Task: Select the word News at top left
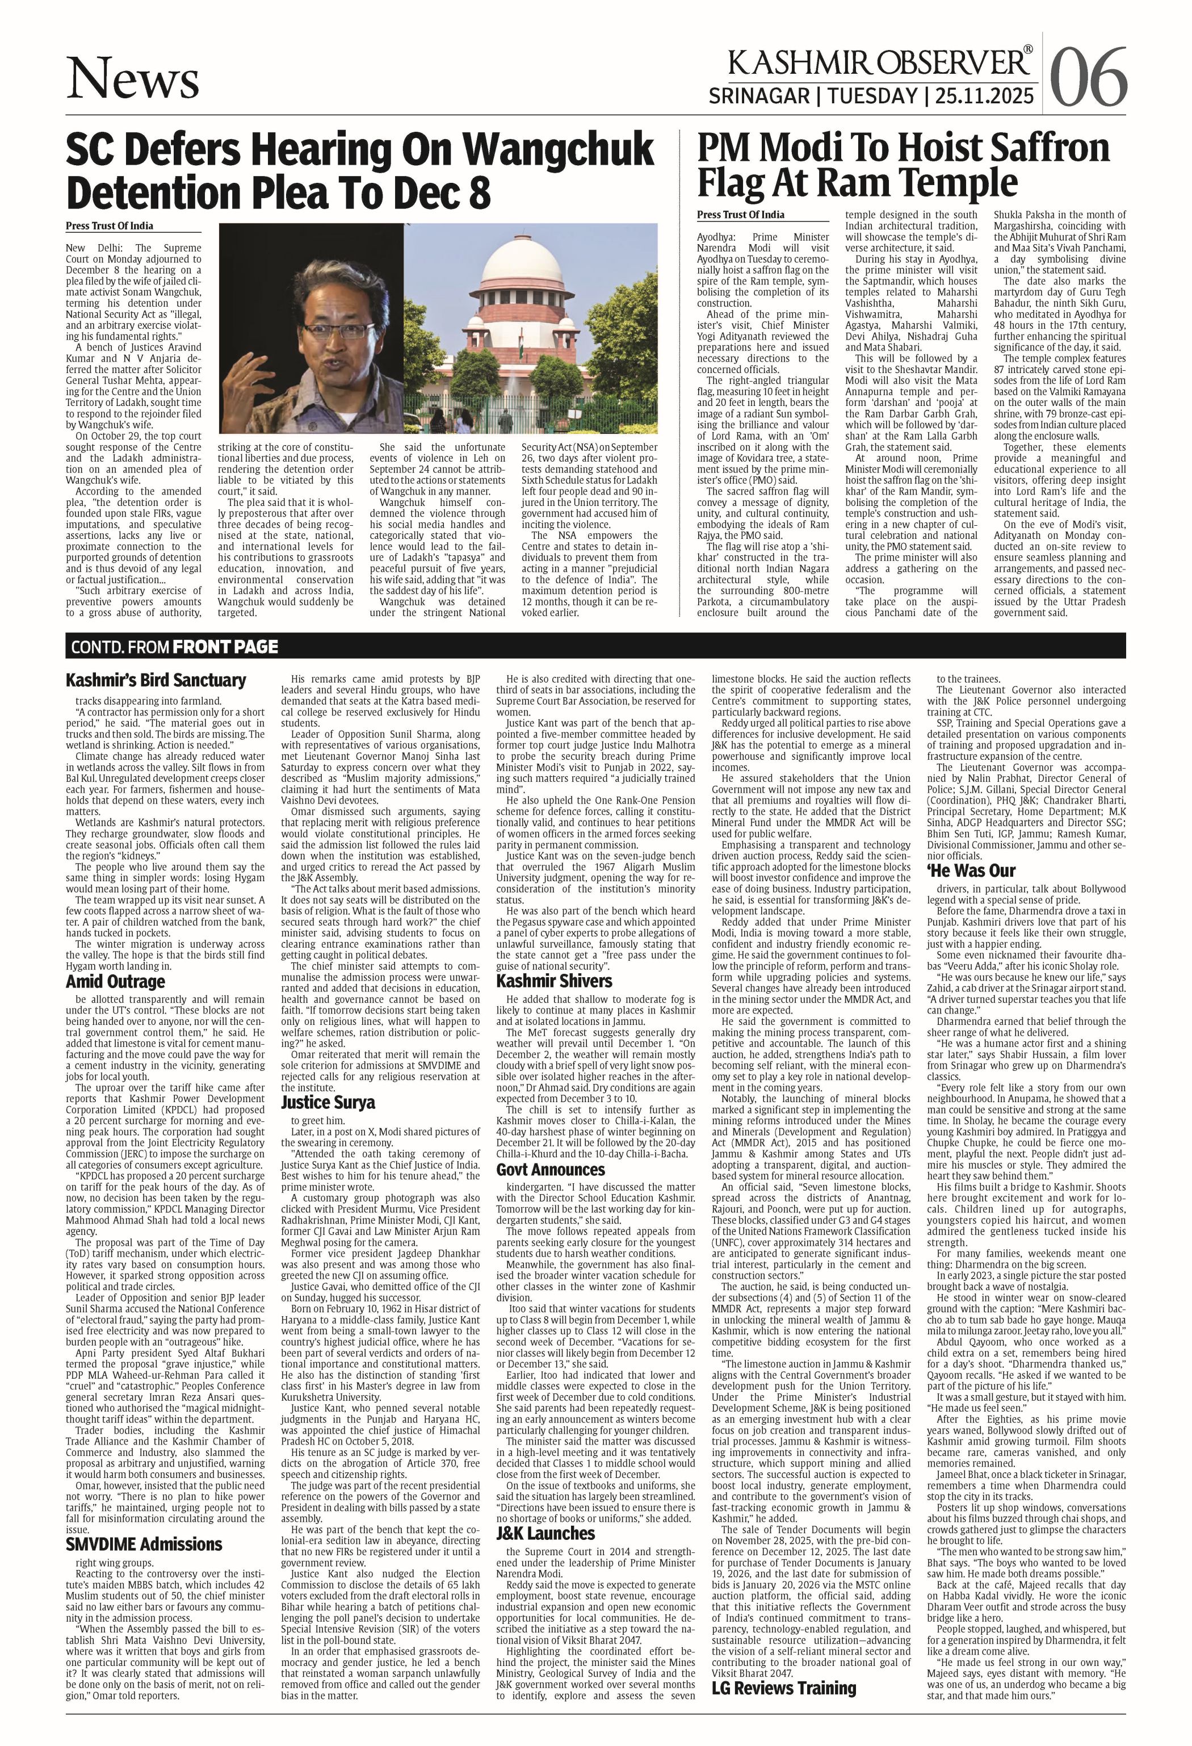click(133, 79)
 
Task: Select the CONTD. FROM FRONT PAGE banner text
click(174, 647)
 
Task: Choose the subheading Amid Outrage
click(115, 982)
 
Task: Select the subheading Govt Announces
click(550, 1170)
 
